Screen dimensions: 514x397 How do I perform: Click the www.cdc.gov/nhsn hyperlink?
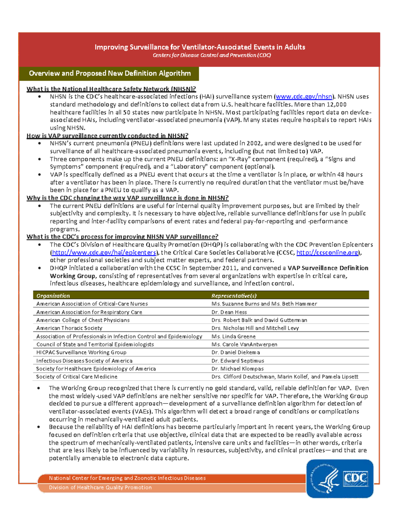click(x=304, y=97)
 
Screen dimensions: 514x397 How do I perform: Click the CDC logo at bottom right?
click(x=340, y=478)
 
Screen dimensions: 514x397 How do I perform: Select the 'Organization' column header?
click(x=53, y=296)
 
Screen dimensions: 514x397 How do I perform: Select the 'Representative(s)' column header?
click(x=234, y=296)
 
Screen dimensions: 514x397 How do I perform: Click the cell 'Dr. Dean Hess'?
click(x=229, y=312)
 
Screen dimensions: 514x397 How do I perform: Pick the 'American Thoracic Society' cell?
click(x=69, y=328)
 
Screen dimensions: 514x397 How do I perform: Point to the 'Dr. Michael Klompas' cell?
click(x=238, y=368)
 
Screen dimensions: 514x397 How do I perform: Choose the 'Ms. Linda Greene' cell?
click(x=234, y=336)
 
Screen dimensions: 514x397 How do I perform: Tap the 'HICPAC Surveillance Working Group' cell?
click(x=81, y=352)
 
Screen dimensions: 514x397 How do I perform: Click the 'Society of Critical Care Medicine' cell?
click(x=77, y=377)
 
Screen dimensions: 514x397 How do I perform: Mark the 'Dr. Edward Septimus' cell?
click(x=238, y=360)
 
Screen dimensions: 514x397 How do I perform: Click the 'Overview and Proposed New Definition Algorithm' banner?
click(x=110, y=73)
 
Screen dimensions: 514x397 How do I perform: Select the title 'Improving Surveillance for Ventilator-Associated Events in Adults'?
click(x=200, y=47)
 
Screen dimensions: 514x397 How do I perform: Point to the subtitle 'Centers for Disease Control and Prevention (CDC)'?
click(x=212, y=55)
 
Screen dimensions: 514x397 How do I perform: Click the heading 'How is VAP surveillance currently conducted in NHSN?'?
click(x=108, y=136)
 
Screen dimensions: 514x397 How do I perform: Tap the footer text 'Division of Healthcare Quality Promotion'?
click(x=100, y=487)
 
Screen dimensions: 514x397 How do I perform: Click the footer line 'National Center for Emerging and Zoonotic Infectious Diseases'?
click(x=127, y=478)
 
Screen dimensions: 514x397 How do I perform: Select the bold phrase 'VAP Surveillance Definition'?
click(x=328, y=268)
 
